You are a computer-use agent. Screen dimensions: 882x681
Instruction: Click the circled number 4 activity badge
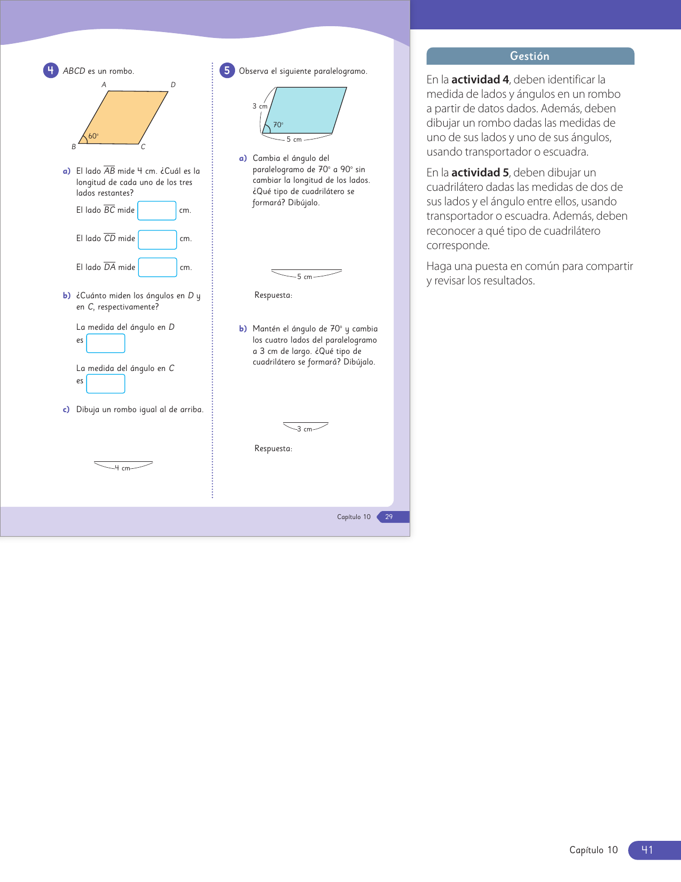(x=51, y=71)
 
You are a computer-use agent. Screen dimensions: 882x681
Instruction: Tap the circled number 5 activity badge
(x=227, y=71)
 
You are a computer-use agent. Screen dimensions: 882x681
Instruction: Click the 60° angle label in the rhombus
(x=93, y=136)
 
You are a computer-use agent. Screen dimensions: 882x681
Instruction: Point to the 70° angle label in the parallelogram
(x=278, y=125)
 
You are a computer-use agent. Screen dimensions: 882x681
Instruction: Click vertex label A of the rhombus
(x=104, y=84)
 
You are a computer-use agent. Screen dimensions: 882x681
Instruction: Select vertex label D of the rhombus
(x=173, y=84)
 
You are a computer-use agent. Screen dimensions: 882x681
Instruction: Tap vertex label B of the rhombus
(x=74, y=146)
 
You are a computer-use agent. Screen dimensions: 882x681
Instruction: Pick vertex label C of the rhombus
(x=143, y=147)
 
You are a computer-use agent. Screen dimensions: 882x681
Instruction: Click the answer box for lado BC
(x=157, y=211)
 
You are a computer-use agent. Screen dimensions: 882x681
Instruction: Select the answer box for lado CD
(x=158, y=239)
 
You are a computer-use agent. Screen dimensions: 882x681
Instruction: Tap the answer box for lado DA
(x=158, y=267)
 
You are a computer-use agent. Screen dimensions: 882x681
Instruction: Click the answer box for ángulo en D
(x=106, y=343)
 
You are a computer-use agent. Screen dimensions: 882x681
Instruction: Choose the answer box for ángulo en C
(x=106, y=384)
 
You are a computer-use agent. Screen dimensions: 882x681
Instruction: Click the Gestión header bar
(x=530, y=56)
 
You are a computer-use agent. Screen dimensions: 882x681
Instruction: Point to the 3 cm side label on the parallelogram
(x=260, y=106)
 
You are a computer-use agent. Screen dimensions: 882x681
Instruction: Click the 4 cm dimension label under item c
(x=123, y=468)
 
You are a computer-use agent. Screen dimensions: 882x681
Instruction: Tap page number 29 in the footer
(x=389, y=517)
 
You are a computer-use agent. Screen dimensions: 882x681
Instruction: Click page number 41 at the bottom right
(x=647, y=850)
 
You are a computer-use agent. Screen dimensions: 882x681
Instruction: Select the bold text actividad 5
(x=480, y=173)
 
